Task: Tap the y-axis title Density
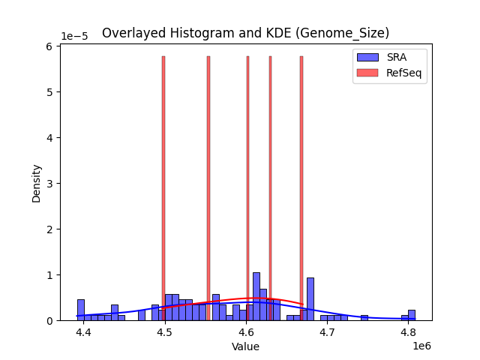click(x=36, y=183)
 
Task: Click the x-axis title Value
click(x=245, y=346)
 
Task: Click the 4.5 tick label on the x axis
click(x=165, y=332)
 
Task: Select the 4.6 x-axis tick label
click(x=247, y=332)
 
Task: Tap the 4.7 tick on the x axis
click(x=328, y=332)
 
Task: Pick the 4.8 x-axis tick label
click(x=409, y=332)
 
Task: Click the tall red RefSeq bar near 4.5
click(x=163, y=187)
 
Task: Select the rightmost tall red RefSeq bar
click(x=301, y=187)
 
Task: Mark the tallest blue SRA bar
click(x=256, y=297)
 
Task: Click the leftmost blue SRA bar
click(x=80, y=310)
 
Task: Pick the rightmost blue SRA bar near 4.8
click(x=412, y=315)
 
